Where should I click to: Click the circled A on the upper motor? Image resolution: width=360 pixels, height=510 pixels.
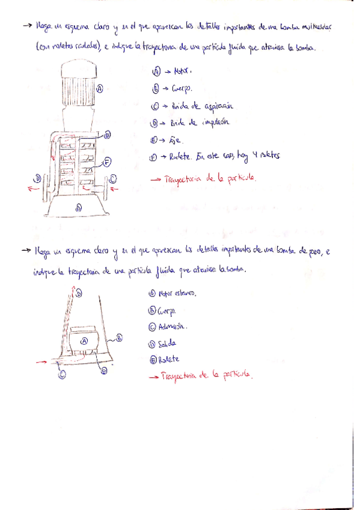pyautogui.click(x=100, y=88)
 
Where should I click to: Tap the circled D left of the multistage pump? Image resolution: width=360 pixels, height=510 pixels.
pyautogui.click(x=37, y=178)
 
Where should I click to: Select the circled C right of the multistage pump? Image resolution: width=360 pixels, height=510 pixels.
pyautogui.click(x=114, y=179)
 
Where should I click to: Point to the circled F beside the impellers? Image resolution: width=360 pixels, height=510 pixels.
pyautogui.click(x=106, y=161)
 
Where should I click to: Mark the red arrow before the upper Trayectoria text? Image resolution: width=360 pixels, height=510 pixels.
pyautogui.click(x=156, y=179)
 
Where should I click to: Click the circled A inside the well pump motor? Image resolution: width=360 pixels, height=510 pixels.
pyautogui.click(x=84, y=340)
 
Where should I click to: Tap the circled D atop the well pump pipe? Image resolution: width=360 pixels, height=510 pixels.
pyautogui.click(x=78, y=293)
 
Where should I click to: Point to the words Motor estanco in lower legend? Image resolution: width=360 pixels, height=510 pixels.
pyautogui.click(x=178, y=293)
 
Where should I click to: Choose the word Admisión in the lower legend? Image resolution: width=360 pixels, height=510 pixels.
pyautogui.click(x=172, y=327)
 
